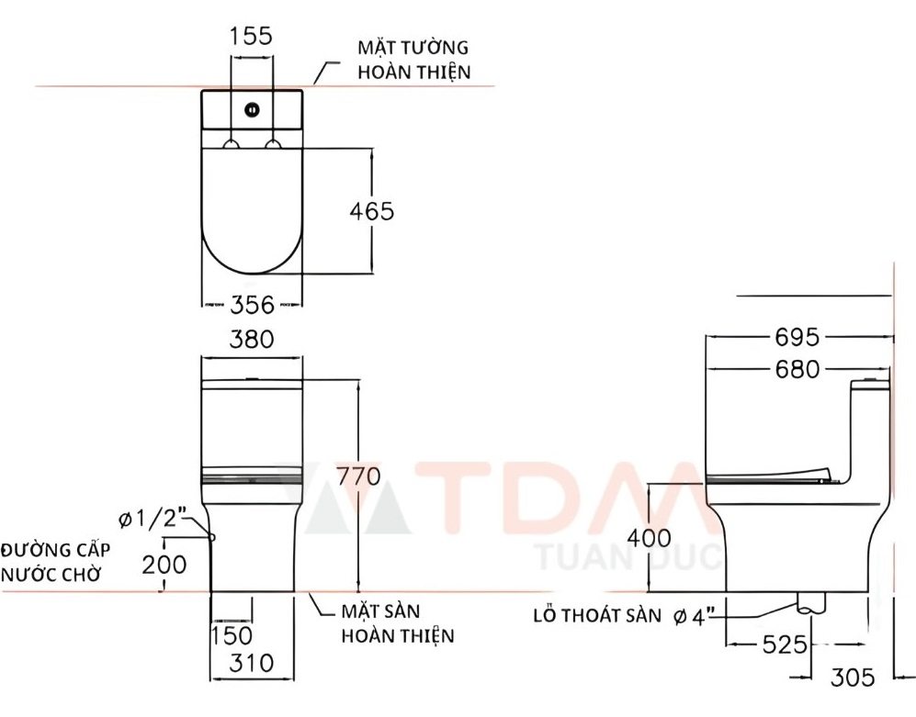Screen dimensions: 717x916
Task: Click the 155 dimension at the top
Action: click(x=251, y=36)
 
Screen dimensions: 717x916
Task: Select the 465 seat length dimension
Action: click(x=371, y=211)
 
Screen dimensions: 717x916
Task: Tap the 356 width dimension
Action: click(x=252, y=304)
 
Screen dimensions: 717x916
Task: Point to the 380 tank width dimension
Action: click(x=252, y=339)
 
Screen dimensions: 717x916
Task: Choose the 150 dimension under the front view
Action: click(x=231, y=634)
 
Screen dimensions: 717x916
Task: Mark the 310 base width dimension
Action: click(x=252, y=661)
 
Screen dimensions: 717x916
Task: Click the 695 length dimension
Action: click(x=796, y=338)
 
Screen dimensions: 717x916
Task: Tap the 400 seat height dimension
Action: click(x=650, y=537)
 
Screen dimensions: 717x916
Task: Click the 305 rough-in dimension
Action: click(x=854, y=678)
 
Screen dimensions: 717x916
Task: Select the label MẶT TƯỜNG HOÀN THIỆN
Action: click(x=413, y=60)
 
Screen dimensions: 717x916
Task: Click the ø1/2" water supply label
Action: click(x=153, y=521)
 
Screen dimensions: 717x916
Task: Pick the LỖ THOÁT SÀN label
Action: click(x=596, y=616)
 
